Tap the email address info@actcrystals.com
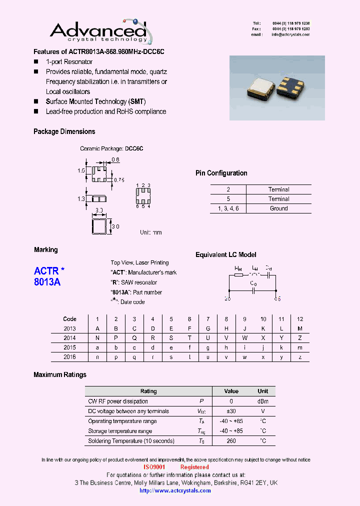click(x=290, y=35)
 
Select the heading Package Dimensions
click(x=64, y=131)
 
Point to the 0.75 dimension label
click(x=119, y=179)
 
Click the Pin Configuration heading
click(x=221, y=173)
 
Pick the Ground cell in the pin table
click(x=278, y=208)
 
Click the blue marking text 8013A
click(x=47, y=282)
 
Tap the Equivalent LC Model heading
click(x=225, y=255)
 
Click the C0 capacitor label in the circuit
click(x=253, y=284)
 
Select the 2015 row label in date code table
click(x=69, y=347)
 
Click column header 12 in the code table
click(x=300, y=319)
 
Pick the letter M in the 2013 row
click(x=300, y=328)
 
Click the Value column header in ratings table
click(x=231, y=391)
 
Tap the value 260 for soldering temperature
click(x=231, y=441)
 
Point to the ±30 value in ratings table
click(x=231, y=411)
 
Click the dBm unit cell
click(x=263, y=401)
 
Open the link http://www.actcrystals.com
click(x=175, y=490)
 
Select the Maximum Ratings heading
click(x=60, y=374)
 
